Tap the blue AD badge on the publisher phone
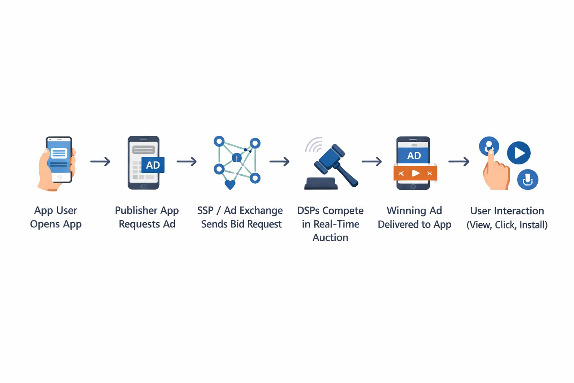[153, 165]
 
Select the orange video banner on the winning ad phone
[415, 173]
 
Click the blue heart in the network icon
[230, 184]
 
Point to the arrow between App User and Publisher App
[100, 162]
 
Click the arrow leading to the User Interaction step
[459, 162]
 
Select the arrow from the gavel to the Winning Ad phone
[371, 162]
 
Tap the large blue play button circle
[519, 153]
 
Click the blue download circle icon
[528, 180]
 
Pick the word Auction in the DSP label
[330, 238]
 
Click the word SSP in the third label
[205, 211]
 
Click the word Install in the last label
[533, 225]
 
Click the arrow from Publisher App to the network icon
[186, 162]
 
